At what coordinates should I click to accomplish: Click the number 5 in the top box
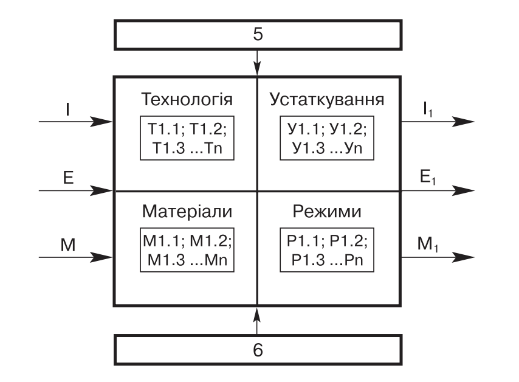tap(258, 35)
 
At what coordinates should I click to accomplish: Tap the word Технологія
tap(187, 99)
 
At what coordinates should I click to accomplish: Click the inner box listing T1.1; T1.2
tap(187, 138)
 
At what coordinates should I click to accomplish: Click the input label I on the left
tap(68, 109)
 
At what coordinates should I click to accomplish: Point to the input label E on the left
tap(68, 178)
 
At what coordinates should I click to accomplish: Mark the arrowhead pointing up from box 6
tap(258, 313)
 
